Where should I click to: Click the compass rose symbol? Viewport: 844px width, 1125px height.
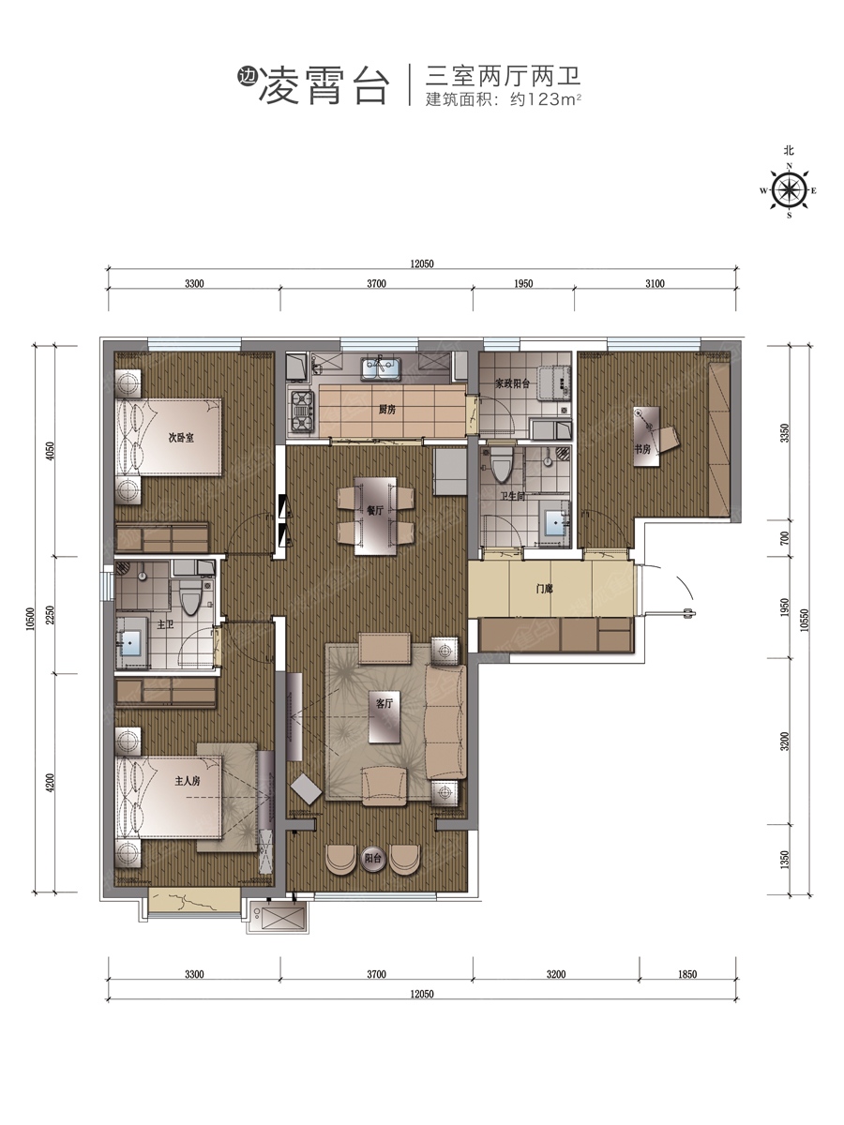tap(789, 190)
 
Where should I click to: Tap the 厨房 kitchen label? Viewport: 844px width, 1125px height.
tap(387, 410)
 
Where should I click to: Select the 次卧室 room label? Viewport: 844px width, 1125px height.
tap(181, 438)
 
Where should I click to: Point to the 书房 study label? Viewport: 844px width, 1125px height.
tap(642, 449)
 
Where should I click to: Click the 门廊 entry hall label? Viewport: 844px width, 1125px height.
tap(544, 589)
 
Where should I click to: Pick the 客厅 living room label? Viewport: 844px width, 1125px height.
tap(384, 703)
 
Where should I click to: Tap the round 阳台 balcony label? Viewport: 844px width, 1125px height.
tap(372, 858)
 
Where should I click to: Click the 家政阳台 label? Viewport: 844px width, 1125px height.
tap(512, 383)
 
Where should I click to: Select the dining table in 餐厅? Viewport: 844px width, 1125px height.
tap(376, 516)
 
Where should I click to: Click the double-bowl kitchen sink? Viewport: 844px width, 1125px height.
tap(380, 369)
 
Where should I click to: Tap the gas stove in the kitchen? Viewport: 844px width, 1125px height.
tap(302, 411)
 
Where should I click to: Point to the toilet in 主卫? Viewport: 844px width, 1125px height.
tap(190, 596)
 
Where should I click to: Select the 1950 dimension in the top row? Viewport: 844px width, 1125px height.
tap(523, 283)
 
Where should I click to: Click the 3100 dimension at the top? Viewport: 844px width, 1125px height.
tap(655, 283)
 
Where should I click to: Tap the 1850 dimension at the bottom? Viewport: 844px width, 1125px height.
tap(687, 974)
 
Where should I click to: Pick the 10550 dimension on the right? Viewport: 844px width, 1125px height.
tap(804, 620)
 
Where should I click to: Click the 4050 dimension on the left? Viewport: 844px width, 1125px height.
tap(50, 451)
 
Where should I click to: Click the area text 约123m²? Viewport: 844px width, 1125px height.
tap(545, 99)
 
